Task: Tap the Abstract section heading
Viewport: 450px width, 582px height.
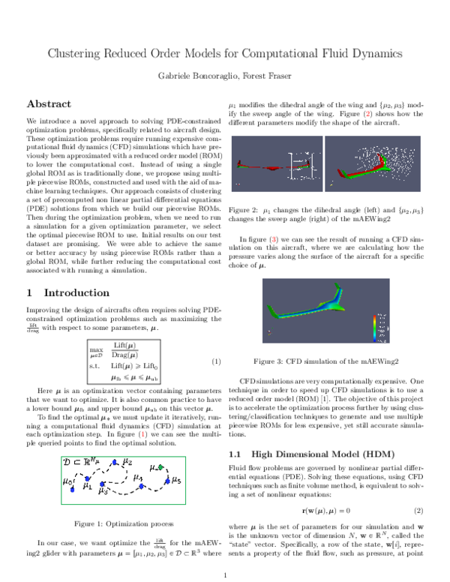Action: [49, 103]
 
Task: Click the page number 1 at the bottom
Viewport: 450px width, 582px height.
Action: [225, 576]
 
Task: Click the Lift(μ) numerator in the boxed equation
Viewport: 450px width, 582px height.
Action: [124, 345]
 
